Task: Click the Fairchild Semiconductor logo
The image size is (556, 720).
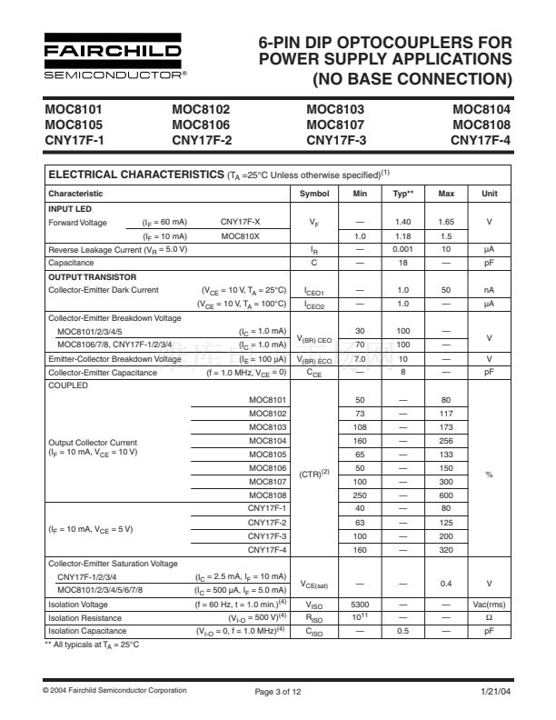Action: click(113, 56)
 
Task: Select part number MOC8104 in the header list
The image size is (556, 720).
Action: click(482, 109)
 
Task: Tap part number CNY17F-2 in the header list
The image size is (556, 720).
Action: click(202, 140)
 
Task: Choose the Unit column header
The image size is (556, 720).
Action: click(490, 194)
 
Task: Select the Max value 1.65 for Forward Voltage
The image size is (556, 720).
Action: click(446, 222)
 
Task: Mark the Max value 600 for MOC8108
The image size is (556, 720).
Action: click(446, 495)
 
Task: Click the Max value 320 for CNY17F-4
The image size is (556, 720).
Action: click(446, 549)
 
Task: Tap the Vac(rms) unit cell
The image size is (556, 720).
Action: click(490, 603)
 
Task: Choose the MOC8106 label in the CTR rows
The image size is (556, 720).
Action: click(267, 467)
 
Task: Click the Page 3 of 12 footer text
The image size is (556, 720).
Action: click(277, 692)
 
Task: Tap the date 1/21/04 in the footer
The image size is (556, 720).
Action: click(497, 692)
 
